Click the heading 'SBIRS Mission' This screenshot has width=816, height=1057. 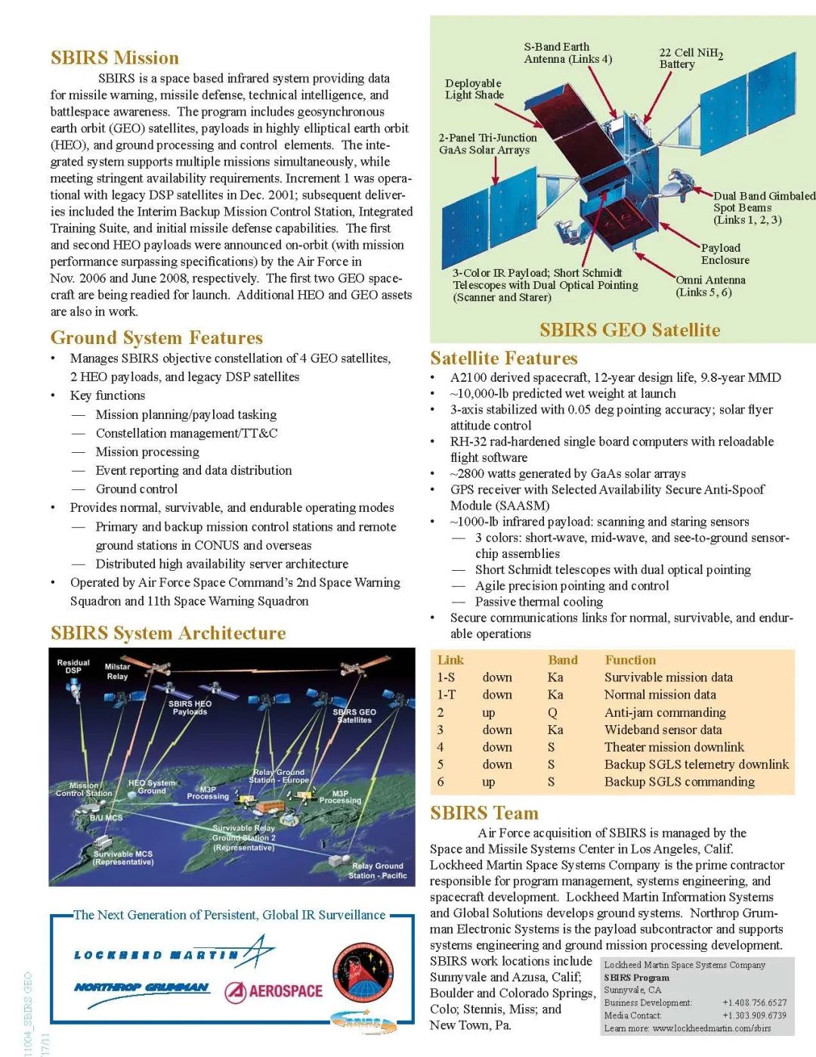pos(115,58)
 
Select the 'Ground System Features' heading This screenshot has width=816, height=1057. pos(156,338)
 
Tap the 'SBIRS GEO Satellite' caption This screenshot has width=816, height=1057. pos(629,330)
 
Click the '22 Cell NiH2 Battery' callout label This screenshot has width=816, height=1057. pos(690,58)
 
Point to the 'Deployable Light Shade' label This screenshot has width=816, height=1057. pos(474,89)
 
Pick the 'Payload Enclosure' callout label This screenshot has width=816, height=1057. pos(725,254)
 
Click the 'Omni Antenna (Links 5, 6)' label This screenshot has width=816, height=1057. pos(709,286)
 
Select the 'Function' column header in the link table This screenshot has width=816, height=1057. pos(630,660)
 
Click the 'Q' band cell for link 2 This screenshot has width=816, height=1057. pos(552,712)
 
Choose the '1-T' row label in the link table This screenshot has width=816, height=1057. pos(447,695)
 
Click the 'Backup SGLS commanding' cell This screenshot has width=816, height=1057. pos(679,782)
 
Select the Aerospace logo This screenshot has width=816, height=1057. pos(274,991)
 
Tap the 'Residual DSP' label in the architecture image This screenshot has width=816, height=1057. pos(73,666)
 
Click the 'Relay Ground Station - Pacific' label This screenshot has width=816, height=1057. pos(378,870)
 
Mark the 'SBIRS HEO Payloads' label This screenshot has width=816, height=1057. pos(190,707)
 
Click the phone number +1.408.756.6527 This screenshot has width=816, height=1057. pos(754,1003)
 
